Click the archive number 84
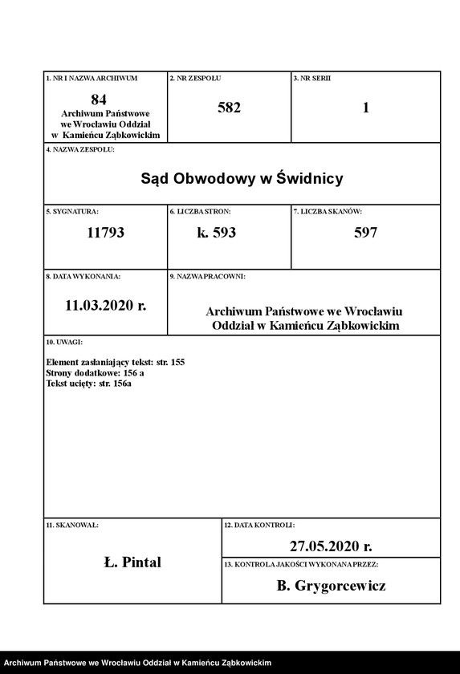point(99,99)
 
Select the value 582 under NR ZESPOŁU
point(229,108)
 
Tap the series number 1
point(366,108)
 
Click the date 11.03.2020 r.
point(105,305)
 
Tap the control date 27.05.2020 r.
point(331,546)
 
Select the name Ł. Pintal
point(132,562)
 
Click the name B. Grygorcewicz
point(331,586)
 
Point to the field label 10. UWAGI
point(64,343)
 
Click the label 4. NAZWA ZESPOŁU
point(80,150)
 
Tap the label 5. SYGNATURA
point(72,211)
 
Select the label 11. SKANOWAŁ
point(72,525)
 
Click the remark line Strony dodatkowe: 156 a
point(96,373)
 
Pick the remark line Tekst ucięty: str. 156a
point(89,384)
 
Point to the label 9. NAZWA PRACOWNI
point(207,276)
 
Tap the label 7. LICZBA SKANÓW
point(328,211)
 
